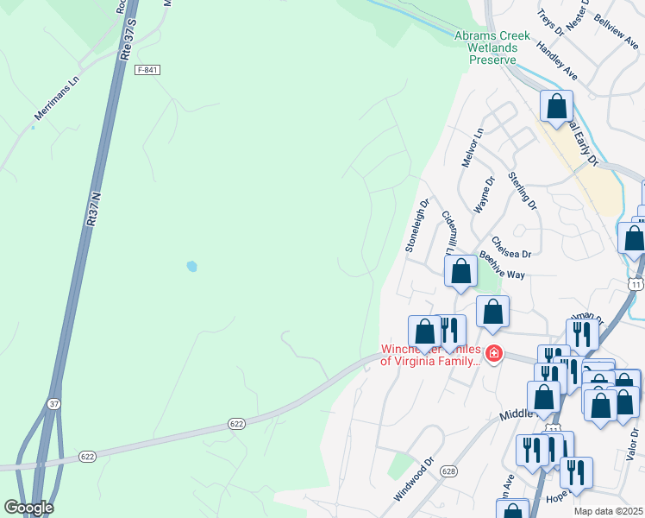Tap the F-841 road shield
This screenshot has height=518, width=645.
147,70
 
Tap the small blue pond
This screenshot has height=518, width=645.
191,267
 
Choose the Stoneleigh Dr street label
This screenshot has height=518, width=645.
416,225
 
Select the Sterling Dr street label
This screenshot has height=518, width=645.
523,192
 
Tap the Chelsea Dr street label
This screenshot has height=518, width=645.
511,247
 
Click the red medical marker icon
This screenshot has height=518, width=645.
493,353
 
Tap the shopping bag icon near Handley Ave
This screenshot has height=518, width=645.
557,108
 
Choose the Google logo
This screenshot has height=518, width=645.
28,508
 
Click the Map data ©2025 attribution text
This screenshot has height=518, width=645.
608,511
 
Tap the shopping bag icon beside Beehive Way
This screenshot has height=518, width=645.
461,272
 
